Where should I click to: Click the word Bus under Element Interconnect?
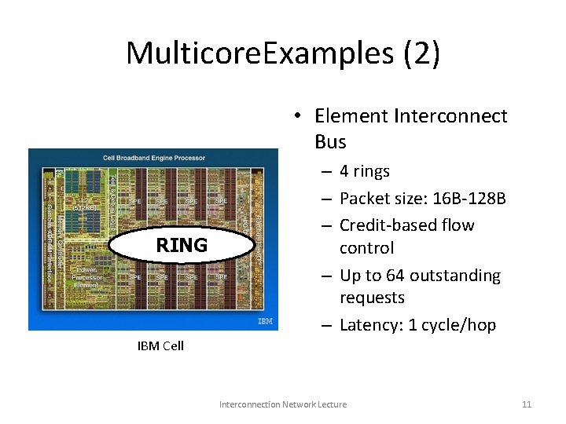tap(330, 141)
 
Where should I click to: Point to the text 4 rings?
tap(365, 171)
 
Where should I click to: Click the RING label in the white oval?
tap(182, 245)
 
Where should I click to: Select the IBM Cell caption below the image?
tap(160, 345)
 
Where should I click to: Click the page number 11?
tap(527, 404)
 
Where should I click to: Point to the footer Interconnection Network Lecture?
tap(283, 404)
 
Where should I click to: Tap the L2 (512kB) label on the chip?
tap(83, 203)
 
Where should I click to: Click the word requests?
tap(372, 298)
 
